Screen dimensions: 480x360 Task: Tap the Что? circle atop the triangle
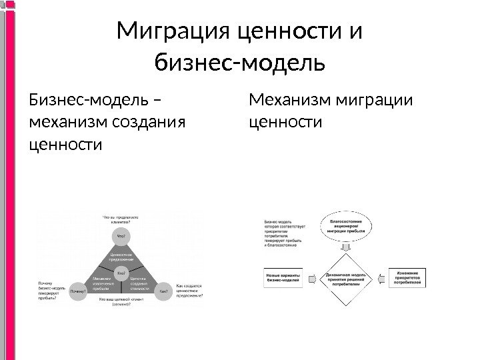coord(121,235)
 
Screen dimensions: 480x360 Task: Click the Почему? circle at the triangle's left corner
coord(79,291)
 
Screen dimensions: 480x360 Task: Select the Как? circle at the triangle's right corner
coord(163,291)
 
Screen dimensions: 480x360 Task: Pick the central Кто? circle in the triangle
coord(121,273)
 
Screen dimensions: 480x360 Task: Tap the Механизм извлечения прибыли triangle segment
coord(102,284)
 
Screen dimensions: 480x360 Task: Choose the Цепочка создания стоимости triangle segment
coord(139,284)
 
